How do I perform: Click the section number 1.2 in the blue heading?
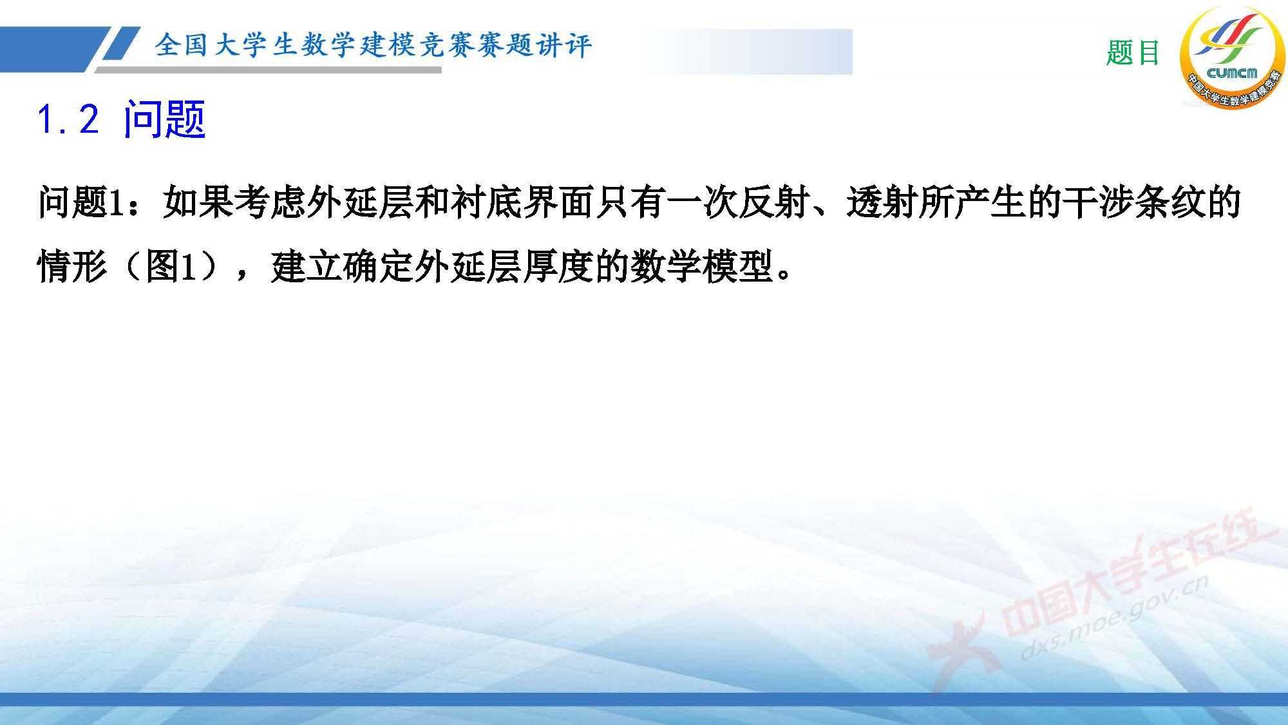click(x=68, y=120)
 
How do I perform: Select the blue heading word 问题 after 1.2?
click(x=165, y=120)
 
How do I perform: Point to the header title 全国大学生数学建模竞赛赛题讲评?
click(x=373, y=45)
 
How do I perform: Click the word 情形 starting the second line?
click(x=73, y=267)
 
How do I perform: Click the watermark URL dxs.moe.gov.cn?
click(x=1114, y=619)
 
